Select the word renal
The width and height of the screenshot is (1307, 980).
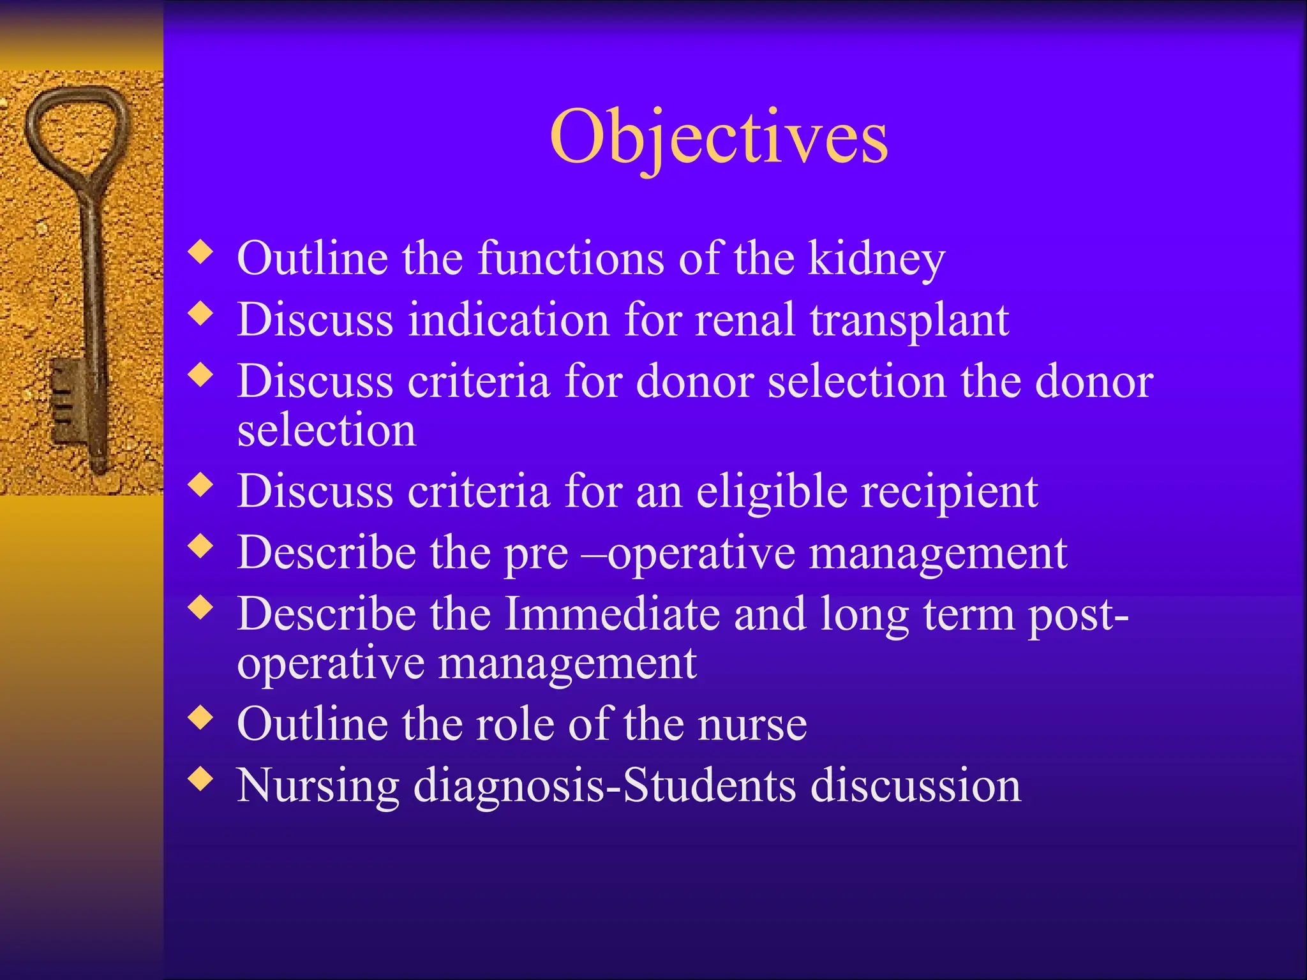coord(745,319)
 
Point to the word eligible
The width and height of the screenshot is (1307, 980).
coord(772,491)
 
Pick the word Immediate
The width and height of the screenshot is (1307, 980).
coord(612,614)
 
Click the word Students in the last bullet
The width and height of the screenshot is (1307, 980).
coord(708,785)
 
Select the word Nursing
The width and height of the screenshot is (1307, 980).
coord(318,785)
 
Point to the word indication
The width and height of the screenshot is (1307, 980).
coord(509,319)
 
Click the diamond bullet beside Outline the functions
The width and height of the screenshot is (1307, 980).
coord(201,252)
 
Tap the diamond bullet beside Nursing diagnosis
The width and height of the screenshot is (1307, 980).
coord(201,779)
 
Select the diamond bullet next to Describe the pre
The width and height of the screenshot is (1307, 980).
coord(201,546)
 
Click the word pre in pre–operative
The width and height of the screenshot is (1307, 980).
coord(535,553)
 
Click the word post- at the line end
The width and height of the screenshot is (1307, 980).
coord(1078,614)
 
